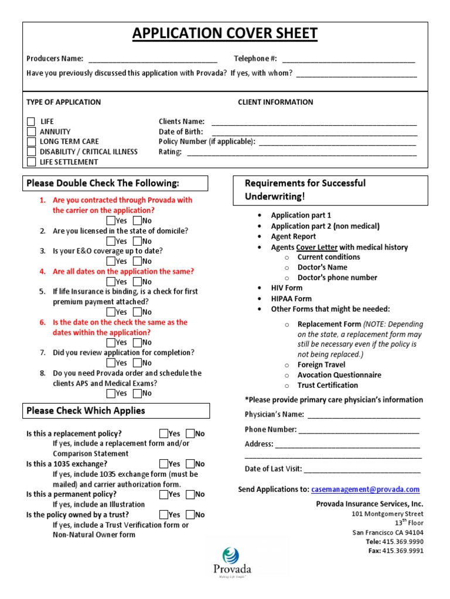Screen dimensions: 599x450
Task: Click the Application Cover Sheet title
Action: point(225,34)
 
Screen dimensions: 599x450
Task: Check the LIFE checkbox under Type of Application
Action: point(31,122)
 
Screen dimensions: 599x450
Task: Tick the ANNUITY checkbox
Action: point(31,132)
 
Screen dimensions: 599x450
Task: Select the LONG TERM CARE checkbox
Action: point(31,142)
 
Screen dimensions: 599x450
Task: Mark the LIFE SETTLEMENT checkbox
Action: point(31,162)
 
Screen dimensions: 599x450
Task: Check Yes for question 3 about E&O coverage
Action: point(111,261)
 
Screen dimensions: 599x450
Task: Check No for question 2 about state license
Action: point(137,241)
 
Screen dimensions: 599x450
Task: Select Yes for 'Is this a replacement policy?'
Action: point(163,433)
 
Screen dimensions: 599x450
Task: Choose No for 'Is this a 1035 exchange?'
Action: point(190,464)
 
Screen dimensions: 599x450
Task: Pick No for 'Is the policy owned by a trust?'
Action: point(190,515)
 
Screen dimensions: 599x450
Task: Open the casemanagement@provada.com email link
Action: point(366,490)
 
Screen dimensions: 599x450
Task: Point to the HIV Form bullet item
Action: point(287,288)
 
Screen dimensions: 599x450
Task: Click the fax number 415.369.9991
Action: point(403,551)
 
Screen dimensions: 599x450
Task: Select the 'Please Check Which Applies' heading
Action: point(86,411)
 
